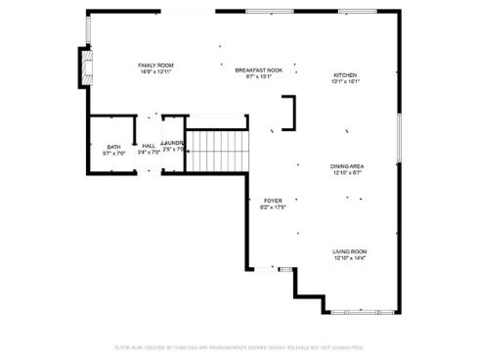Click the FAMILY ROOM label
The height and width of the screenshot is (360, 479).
pos(155,65)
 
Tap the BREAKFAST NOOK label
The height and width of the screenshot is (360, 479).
pos(258,70)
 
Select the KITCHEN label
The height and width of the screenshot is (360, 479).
pos(345,75)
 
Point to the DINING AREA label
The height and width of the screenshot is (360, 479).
pos(347,166)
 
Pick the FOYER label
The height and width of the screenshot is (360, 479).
pos(272,201)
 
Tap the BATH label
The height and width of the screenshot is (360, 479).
pos(113,146)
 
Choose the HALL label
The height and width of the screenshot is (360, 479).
pos(149,146)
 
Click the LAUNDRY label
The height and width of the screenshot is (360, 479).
pos(173,143)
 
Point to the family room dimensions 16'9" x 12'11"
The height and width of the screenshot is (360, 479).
pos(155,71)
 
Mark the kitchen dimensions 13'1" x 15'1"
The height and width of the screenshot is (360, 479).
pos(346,82)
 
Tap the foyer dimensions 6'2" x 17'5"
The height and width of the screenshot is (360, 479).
pos(272,207)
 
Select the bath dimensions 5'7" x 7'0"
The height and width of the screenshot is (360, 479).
pos(113,153)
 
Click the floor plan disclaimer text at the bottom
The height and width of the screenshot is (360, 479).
pos(239,347)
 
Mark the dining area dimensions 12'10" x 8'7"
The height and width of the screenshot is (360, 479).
pos(347,173)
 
